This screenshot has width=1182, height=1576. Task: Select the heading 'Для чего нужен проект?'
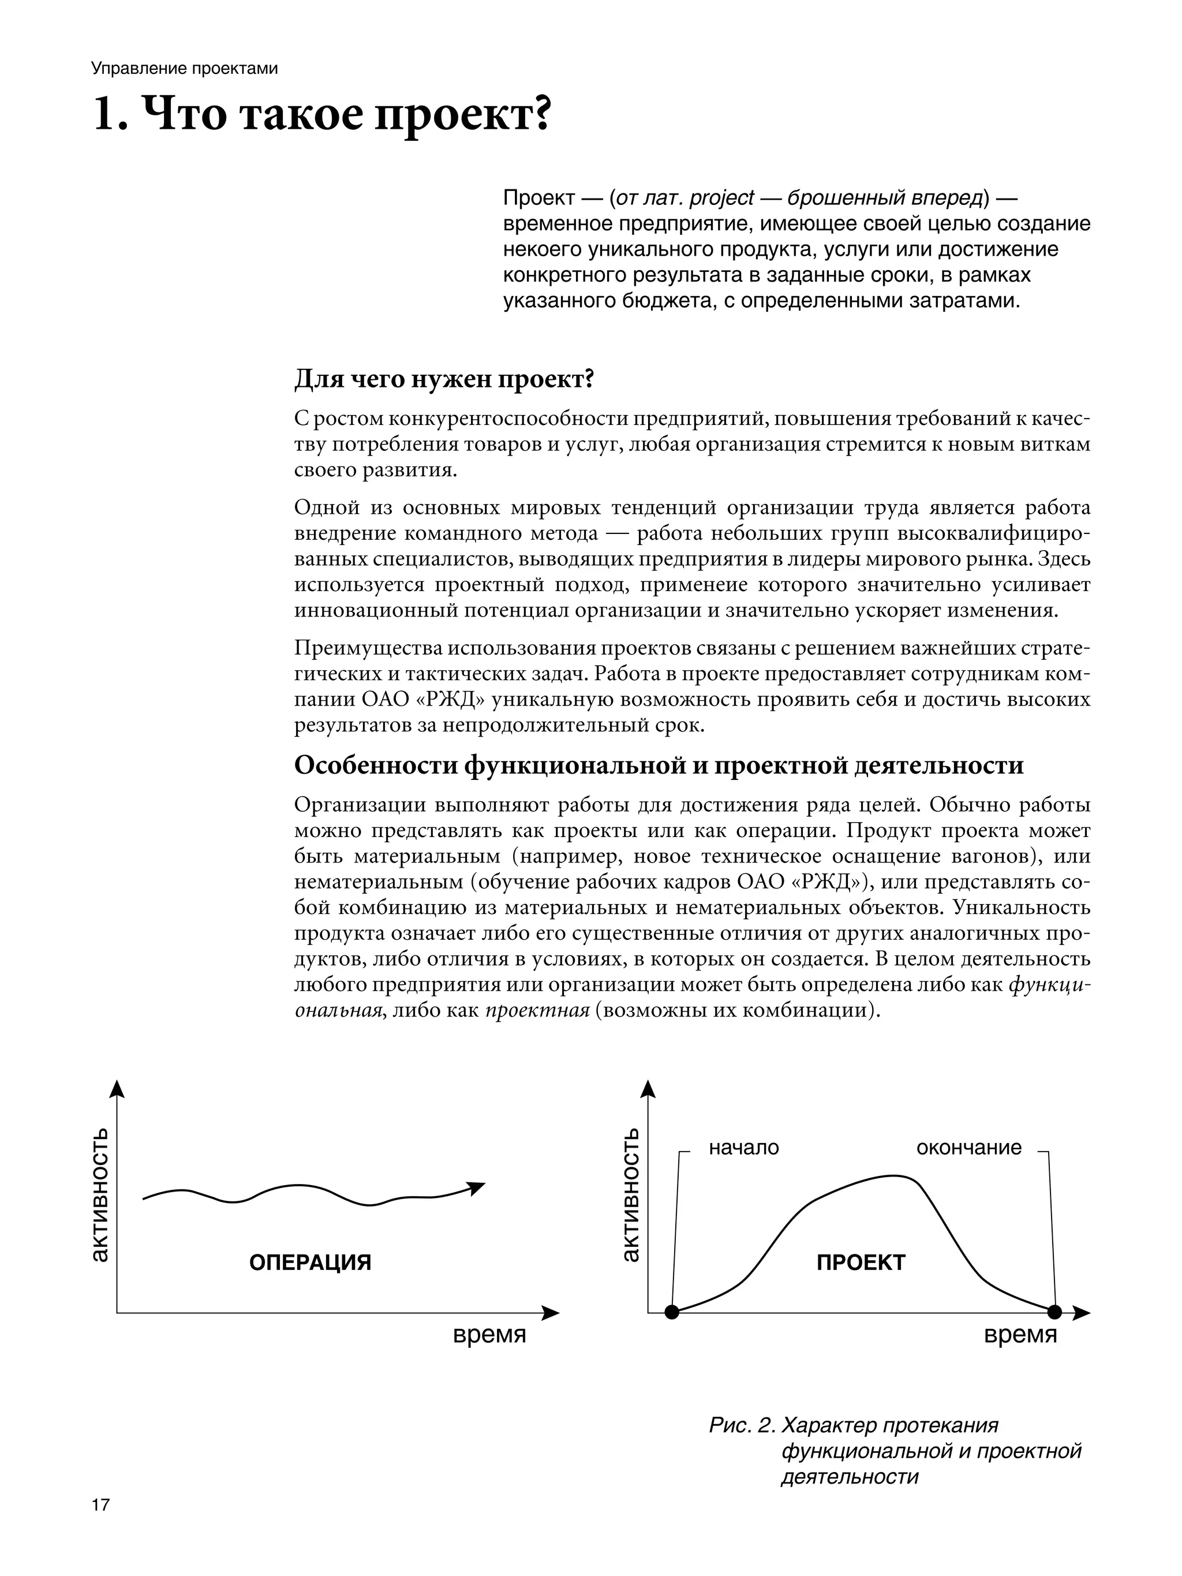pos(444,379)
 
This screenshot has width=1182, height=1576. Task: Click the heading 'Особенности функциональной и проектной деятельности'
pos(659,765)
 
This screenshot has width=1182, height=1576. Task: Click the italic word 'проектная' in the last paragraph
pos(537,1010)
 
